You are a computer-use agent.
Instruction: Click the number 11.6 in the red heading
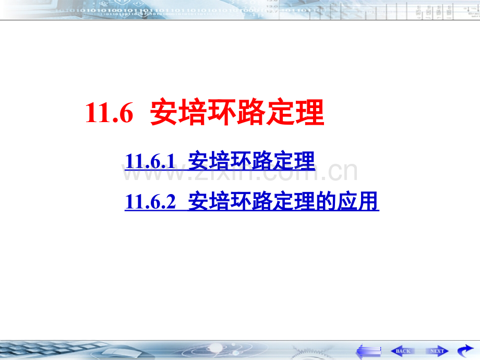(x=109, y=113)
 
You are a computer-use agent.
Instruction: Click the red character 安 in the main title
(x=164, y=112)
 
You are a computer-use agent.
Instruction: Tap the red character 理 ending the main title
(x=309, y=112)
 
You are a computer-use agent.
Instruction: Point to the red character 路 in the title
(x=251, y=112)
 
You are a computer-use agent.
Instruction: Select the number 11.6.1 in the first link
(x=150, y=161)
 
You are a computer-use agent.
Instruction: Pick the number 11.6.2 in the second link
(x=150, y=201)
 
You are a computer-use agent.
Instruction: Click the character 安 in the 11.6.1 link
(x=198, y=161)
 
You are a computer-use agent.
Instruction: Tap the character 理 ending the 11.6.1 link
(x=304, y=161)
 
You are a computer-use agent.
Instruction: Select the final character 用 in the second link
(x=368, y=201)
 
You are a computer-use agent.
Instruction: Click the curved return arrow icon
(x=465, y=350)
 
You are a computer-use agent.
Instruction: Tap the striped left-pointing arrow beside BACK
(x=368, y=351)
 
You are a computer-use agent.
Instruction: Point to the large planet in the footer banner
(x=216, y=348)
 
